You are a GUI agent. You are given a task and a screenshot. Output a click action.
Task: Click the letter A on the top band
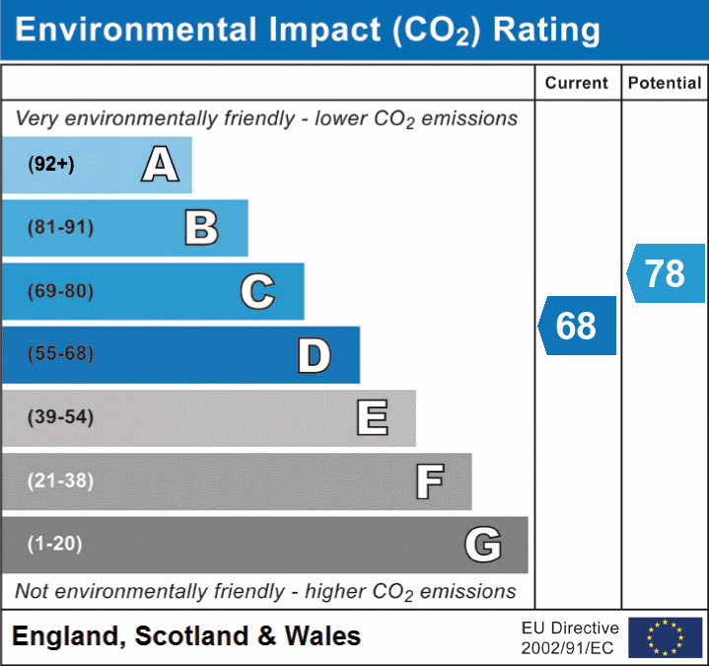160,165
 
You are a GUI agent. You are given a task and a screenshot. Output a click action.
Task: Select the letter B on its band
201,228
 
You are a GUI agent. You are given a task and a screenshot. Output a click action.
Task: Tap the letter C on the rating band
257,292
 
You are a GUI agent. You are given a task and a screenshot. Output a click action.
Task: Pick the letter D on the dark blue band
314,355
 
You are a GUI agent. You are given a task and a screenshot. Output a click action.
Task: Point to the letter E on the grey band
372,418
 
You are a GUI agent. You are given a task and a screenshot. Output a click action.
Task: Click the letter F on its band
429,481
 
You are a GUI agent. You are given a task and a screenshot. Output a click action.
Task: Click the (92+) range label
51,165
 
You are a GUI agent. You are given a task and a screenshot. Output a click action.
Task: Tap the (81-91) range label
61,228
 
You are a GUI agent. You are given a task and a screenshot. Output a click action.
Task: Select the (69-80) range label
61,292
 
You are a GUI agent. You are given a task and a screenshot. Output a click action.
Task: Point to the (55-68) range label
61,354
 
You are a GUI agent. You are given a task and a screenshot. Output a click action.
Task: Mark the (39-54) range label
61,417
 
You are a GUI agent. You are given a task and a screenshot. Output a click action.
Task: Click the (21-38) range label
61,481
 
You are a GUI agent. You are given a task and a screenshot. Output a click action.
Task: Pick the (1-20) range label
55,544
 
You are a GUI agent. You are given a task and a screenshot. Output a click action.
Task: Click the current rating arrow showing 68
577,326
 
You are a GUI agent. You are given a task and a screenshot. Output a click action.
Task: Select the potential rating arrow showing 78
666,273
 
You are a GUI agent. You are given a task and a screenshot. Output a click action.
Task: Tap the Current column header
577,84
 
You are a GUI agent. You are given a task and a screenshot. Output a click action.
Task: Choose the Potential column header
665,84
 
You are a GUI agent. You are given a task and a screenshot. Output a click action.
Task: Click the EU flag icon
665,637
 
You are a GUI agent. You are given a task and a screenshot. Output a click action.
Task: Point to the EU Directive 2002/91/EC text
570,637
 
